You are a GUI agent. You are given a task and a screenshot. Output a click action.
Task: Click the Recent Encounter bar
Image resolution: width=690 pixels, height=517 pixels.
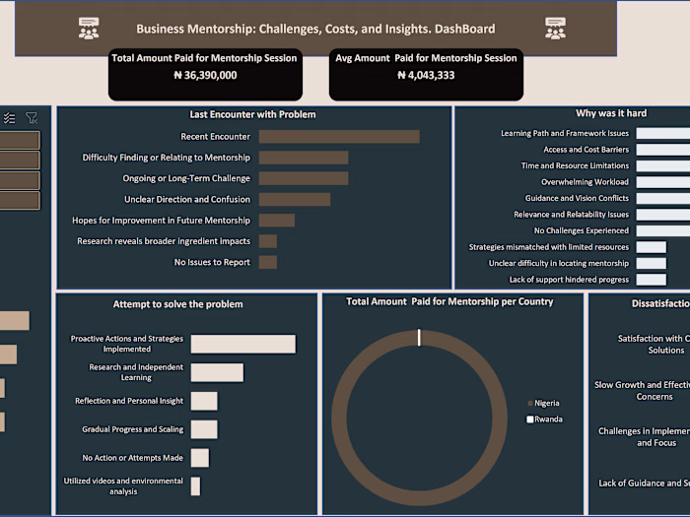tap(338, 137)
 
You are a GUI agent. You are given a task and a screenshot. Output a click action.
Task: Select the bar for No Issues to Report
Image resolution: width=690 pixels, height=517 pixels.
tap(267, 263)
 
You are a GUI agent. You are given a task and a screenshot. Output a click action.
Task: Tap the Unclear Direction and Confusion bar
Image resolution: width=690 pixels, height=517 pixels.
tap(294, 200)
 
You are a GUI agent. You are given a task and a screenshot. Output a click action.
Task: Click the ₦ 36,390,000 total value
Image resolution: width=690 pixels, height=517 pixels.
tap(205, 75)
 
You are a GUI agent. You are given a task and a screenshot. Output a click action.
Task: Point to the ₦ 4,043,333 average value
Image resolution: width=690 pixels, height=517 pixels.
tap(425, 75)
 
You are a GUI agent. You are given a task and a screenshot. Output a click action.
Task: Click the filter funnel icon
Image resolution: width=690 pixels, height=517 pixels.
tap(32, 118)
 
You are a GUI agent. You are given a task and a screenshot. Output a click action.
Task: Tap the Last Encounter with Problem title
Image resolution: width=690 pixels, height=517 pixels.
tap(252, 114)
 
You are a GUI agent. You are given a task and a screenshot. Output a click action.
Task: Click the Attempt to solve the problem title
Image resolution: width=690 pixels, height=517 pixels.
tap(177, 304)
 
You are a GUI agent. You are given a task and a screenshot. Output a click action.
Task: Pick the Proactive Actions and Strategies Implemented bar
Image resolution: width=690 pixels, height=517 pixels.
tap(242, 344)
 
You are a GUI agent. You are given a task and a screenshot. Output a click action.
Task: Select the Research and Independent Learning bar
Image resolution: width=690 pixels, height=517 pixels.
tap(217, 372)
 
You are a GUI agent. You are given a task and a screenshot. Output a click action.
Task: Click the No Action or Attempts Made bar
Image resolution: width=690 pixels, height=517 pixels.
tap(200, 458)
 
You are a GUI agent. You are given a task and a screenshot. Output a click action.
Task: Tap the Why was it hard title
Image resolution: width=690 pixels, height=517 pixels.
tap(612, 113)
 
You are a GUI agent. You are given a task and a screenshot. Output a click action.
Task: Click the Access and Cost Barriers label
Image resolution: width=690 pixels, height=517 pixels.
tap(586, 150)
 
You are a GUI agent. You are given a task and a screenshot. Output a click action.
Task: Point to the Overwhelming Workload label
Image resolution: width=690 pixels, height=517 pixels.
tap(585, 182)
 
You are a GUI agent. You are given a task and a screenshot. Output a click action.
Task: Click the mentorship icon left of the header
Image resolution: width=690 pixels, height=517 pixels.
tap(89, 29)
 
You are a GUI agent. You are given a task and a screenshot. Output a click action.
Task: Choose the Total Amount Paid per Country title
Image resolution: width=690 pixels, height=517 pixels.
tap(449, 302)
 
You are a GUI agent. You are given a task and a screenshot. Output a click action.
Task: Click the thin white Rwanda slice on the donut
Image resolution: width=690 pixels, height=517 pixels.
tap(419, 338)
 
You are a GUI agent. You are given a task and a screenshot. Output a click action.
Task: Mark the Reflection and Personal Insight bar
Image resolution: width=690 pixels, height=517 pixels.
tap(204, 401)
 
